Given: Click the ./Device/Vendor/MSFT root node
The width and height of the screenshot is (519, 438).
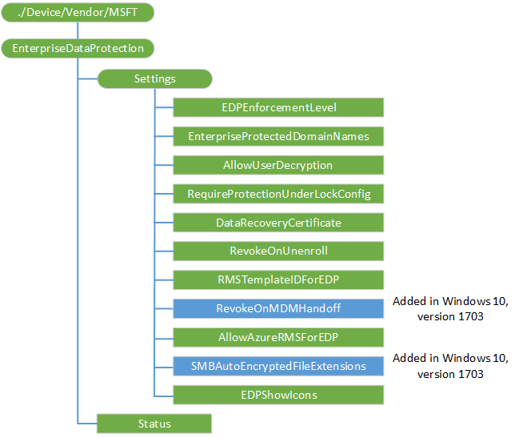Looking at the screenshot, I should (77, 13).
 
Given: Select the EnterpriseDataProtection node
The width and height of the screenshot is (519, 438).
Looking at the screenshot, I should (78, 48).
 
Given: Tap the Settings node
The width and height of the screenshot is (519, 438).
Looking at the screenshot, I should (154, 78).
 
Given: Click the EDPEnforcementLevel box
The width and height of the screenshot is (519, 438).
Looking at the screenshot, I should (278, 107).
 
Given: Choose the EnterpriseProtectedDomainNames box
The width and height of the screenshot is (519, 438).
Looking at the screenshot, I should (278, 136).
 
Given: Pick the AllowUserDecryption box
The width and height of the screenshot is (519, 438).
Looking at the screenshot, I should (278, 165).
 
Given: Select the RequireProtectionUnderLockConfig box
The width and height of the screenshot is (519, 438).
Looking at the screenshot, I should (278, 194).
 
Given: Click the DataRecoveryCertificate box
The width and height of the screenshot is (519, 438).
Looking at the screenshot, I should (278, 222).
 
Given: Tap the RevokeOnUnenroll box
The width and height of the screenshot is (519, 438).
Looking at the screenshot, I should (278, 251).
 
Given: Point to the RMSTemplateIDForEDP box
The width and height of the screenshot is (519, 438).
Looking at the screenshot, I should (278, 279).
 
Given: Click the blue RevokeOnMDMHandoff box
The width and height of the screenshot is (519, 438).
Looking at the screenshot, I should (278, 308).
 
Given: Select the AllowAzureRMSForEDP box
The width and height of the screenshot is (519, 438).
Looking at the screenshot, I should (278, 337).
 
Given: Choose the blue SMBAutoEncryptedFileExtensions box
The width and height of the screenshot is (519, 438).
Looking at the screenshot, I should (278, 366).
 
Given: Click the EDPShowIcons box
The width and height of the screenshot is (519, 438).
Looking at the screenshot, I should (278, 394).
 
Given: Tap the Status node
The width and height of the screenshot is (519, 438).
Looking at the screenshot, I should (154, 423).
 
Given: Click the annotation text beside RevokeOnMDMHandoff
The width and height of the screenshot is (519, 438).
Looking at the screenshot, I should (450, 308).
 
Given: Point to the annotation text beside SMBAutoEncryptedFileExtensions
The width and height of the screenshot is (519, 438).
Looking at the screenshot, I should (450, 366).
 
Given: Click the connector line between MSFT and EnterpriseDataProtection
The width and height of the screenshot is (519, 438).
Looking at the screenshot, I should (78, 30).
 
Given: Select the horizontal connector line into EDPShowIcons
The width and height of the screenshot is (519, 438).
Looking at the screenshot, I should (163, 394).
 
